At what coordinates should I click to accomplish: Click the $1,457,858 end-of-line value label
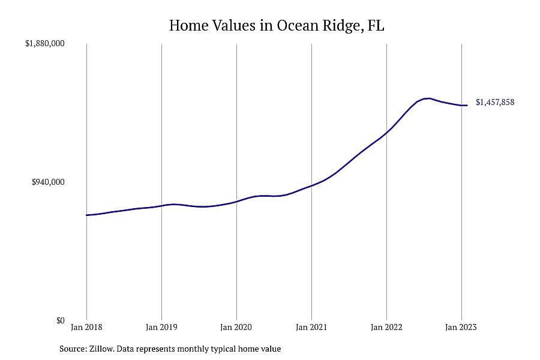tap(495, 103)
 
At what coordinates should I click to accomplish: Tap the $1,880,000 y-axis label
tap(45, 43)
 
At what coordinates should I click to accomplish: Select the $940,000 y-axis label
tap(48, 182)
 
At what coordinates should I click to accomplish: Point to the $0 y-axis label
tap(60, 321)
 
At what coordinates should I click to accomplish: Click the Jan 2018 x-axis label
tap(86, 327)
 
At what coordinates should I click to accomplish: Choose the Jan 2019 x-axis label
tap(161, 327)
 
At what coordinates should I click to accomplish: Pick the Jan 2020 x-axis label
tap(236, 327)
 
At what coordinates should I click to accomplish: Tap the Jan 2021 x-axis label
tap(311, 327)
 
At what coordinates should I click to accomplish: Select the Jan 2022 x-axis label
tap(386, 327)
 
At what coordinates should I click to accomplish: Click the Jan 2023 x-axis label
tap(461, 327)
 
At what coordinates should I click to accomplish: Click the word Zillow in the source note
tap(102, 349)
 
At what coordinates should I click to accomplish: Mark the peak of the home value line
tap(427, 98)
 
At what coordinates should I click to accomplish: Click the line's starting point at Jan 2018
tap(86, 215)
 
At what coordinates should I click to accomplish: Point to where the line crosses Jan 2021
tap(311, 185)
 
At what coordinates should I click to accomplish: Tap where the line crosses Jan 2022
tap(387, 132)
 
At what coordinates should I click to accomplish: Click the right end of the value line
tap(467, 106)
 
